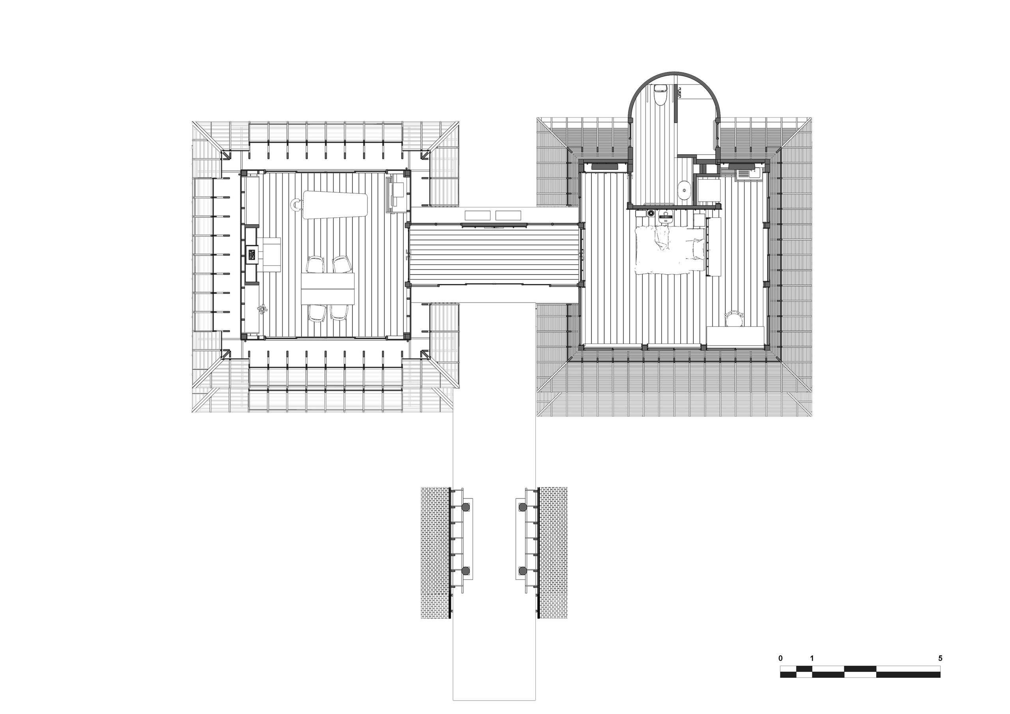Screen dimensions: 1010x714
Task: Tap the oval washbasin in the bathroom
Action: tap(684, 191)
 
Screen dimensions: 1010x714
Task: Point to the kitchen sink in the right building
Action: tap(747, 173)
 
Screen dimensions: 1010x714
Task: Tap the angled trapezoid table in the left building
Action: tap(335, 205)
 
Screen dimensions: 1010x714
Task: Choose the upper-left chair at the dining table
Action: tap(315, 264)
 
